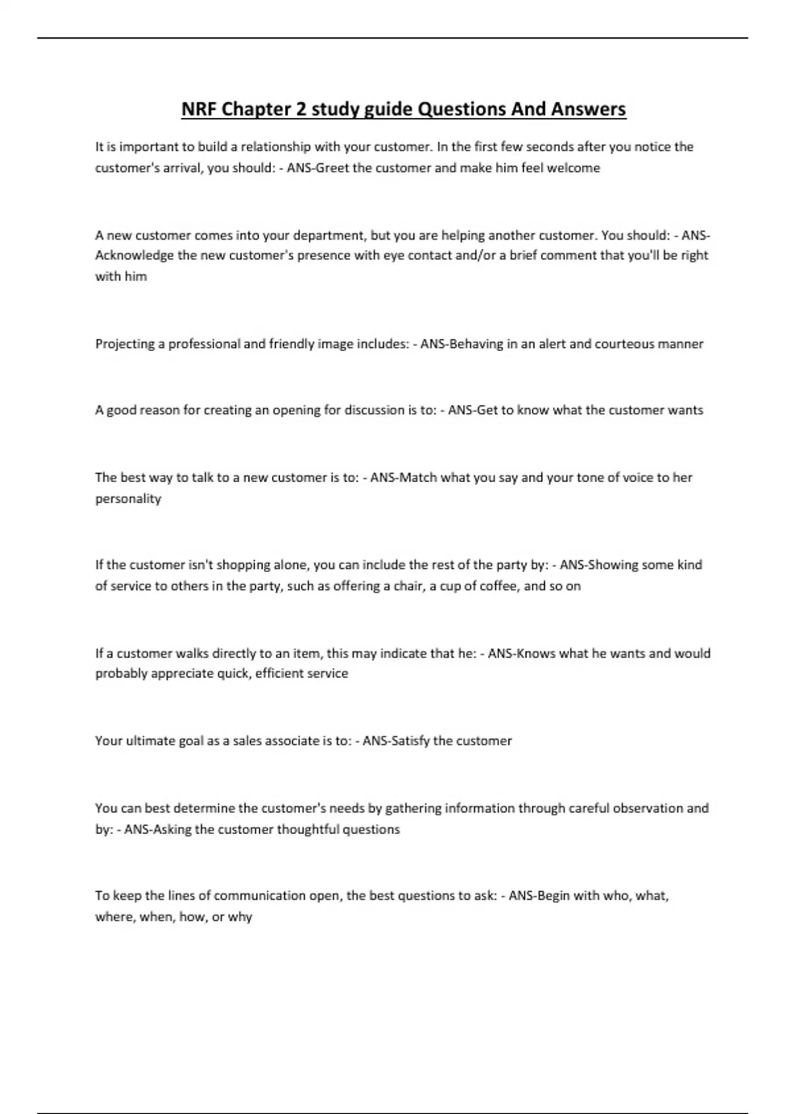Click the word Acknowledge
coord(134,256)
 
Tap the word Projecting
coord(124,344)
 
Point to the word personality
coord(128,499)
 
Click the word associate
coord(292,741)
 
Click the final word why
coord(240,917)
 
